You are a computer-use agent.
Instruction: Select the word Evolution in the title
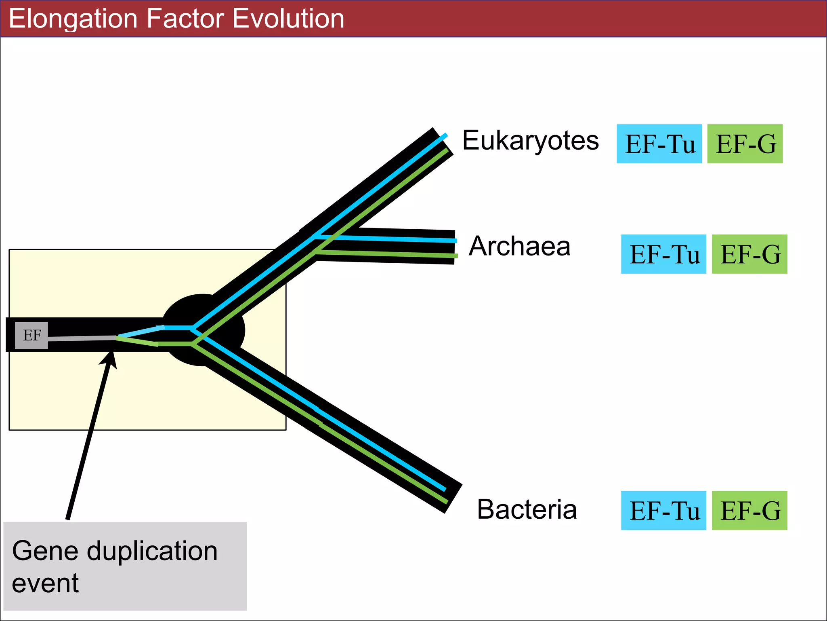coord(288,19)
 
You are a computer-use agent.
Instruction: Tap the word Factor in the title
coord(185,19)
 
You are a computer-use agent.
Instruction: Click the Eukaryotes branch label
coord(530,141)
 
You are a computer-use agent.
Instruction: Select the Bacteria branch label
coord(527,509)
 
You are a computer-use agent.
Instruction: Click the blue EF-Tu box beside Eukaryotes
coord(659,144)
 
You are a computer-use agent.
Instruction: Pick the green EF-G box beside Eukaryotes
coord(745,144)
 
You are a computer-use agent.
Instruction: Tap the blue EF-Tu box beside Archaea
coord(663,254)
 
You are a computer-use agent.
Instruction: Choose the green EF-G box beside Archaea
coord(749,254)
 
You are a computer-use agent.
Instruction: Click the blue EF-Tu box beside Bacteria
coord(663,510)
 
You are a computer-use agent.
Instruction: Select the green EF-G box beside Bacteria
coord(749,510)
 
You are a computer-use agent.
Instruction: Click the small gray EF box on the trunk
coord(31,335)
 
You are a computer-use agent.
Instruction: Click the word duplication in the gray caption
coord(152,551)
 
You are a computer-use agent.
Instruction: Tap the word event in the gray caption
coord(45,583)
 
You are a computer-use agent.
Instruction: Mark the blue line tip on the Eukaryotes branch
coord(445,135)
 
